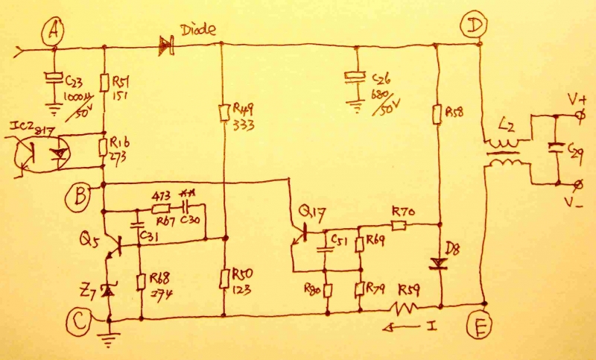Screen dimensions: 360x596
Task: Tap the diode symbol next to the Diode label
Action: click(165, 46)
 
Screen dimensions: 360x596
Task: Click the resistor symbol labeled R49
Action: click(224, 112)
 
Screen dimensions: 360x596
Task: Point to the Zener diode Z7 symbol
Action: click(109, 291)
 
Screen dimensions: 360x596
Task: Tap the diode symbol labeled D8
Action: click(437, 263)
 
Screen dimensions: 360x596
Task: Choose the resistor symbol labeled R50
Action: click(224, 280)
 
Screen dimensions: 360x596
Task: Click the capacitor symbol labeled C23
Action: click(53, 78)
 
